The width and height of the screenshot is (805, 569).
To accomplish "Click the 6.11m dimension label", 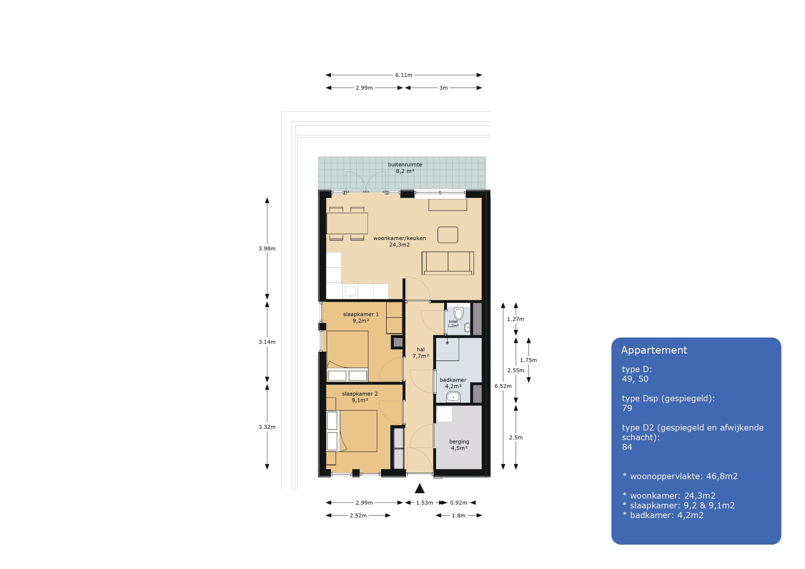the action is (x=404, y=75).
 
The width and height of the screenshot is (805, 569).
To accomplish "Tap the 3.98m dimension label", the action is (x=267, y=248).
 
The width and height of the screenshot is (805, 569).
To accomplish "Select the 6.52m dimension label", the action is (x=503, y=386).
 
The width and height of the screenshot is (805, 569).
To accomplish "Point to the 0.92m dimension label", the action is (x=458, y=503).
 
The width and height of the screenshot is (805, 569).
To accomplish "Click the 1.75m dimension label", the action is (x=528, y=360).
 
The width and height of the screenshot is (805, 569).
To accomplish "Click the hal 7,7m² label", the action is (x=421, y=353).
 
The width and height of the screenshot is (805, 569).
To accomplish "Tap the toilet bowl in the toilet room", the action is (x=458, y=313).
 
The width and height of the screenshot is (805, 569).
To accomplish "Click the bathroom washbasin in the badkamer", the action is (x=453, y=397).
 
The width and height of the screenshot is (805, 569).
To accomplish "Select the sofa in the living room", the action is (x=448, y=263).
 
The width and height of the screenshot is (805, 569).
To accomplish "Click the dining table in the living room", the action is (x=347, y=223).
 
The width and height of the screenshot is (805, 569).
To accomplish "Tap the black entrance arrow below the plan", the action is (x=420, y=488).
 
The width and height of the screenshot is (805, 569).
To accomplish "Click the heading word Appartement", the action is (x=654, y=350).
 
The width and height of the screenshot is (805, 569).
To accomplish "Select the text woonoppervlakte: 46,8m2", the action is (x=684, y=476).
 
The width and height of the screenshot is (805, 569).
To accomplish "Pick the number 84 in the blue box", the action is (x=627, y=447).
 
